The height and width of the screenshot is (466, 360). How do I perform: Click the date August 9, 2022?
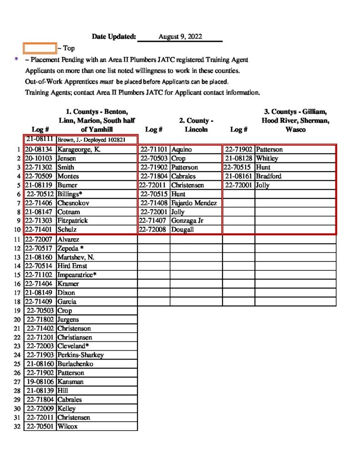pos(180,37)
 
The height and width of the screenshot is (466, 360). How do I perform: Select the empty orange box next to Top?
pos(40,48)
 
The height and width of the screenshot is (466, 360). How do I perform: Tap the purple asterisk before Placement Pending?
pos(16,60)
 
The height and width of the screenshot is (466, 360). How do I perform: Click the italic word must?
pos(106,82)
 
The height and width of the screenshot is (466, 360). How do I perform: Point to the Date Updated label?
pos(114,37)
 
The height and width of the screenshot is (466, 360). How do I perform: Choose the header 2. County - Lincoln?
pos(197,125)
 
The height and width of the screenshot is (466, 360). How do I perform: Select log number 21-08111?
pos(40,139)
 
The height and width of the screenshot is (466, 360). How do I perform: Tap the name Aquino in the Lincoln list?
pos(182,149)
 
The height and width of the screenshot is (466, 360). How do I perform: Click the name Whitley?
pos(267,158)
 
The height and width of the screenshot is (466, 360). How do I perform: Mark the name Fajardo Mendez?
pos(194,203)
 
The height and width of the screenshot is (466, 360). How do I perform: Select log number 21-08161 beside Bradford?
pos(239,176)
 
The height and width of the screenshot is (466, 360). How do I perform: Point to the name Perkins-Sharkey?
pos(81,355)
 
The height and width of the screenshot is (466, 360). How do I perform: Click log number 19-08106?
pos(41,382)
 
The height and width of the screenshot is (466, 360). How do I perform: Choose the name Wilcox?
pos(67,426)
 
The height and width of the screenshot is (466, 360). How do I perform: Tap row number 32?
pos(17,426)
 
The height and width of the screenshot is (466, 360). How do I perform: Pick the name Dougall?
pos(183,229)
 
